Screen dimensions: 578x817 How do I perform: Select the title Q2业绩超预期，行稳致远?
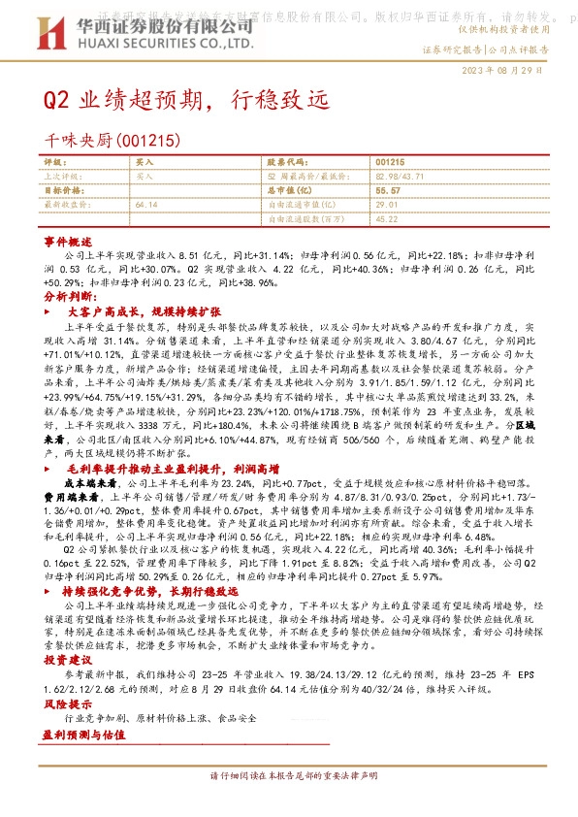click(x=187, y=99)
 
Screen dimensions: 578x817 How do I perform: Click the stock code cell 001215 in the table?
click(x=389, y=163)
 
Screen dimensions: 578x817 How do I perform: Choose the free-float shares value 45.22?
click(x=385, y=218)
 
